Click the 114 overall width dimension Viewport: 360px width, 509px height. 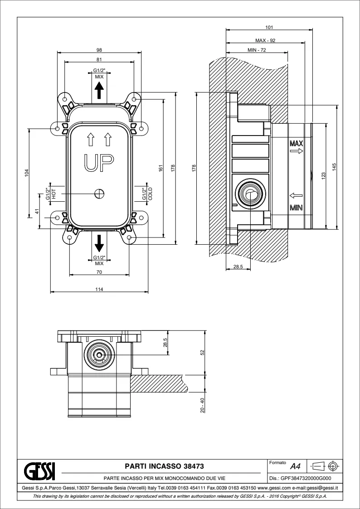(99, 290)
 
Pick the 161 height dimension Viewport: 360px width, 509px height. (161, 168)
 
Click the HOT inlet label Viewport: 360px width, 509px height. (53, 194)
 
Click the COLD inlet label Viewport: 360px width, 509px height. (150, 194)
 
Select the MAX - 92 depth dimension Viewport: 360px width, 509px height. (265, 40)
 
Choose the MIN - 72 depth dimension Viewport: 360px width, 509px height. (257, 50)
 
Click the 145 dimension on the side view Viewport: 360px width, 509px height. (334, 167)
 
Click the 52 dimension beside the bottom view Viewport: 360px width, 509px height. (202, 352)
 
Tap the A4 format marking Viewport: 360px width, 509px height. (295, 466)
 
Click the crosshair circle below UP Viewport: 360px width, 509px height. (99, 194)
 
